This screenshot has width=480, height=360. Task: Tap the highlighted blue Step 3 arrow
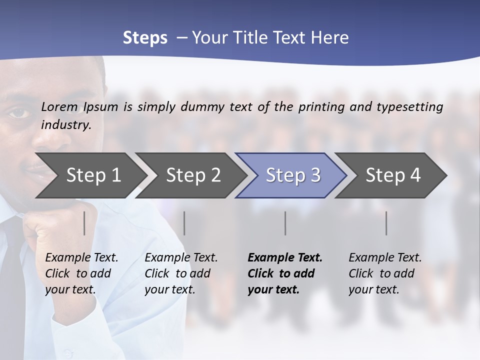point(293,175)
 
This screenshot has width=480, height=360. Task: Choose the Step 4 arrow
point(393,175)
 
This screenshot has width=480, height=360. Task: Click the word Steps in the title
point(145,37)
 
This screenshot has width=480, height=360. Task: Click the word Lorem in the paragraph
point(59,106)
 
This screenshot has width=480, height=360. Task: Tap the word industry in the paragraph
point(66,125)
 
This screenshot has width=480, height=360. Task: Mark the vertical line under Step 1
point(84,223)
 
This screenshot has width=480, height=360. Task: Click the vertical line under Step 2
point(184,223)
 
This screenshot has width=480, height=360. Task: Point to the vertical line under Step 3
point(285,223)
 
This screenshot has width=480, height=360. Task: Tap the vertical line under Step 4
point(386,223)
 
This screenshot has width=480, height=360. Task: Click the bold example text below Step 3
point(285,273)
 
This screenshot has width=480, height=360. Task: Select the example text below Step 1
point(81,273)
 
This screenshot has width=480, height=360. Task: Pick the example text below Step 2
point(181,273)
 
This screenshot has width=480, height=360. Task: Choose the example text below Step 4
point(385,273)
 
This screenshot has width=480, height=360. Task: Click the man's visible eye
point(18,112)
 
